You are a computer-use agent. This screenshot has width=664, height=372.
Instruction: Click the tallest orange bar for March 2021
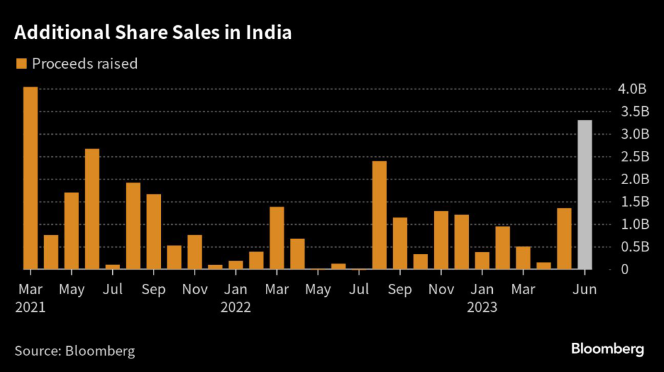(30, 178)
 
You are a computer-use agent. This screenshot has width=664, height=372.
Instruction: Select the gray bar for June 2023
(584, 194)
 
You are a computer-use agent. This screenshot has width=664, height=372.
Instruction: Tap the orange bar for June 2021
(92, 209)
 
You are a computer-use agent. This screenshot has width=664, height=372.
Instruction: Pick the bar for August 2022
(379, 215)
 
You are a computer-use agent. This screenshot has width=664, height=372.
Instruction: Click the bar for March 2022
(277, 238)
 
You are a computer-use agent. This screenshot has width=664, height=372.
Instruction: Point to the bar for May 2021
(71, 231)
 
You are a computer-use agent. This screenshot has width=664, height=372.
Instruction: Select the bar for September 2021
(154, 231)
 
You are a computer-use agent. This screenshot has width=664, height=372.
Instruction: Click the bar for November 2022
(441, 240)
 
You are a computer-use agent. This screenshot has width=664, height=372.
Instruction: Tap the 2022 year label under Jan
(235, 307)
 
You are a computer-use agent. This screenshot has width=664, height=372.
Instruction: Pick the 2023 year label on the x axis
(482, 307)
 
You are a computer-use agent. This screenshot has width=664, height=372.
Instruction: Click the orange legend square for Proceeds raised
(21, 64)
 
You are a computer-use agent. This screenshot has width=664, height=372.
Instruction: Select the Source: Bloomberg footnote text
(75, 351)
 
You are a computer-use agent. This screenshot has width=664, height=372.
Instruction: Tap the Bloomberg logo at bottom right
(608, 349)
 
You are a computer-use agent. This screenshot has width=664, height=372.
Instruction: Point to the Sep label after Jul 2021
(154, 289)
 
